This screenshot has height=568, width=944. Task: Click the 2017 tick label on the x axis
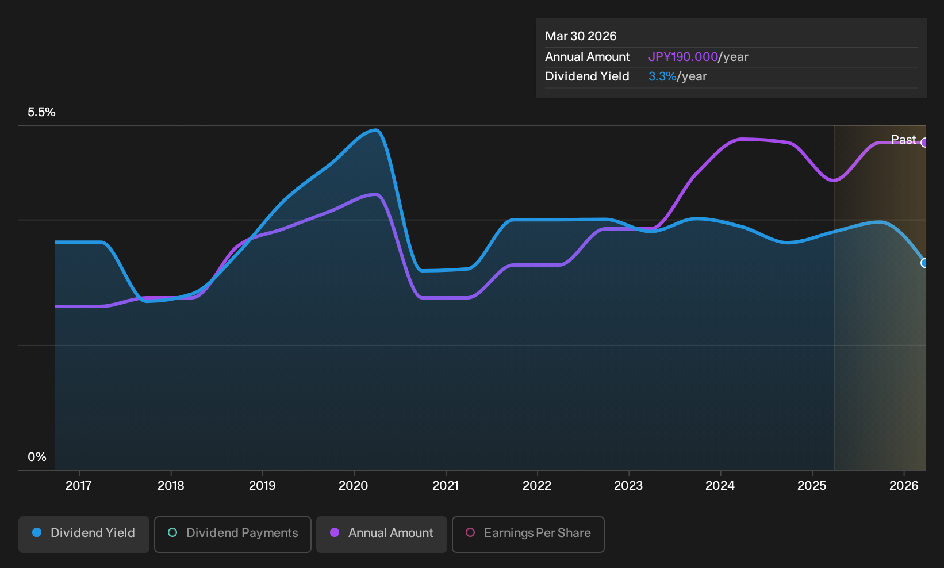coord(79,486)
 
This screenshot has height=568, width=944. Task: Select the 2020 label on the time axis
coord(354,486)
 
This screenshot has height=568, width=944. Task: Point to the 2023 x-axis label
coord(628,486)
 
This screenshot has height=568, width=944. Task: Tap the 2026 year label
coord(904,486)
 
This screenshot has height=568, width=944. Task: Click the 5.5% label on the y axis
coord(41,112)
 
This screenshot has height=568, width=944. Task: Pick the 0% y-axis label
coord(37,457)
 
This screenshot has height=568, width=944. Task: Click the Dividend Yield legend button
coord(84,534)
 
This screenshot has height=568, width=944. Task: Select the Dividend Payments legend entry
coord(233,534)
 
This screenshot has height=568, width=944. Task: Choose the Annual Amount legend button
coord(381,534)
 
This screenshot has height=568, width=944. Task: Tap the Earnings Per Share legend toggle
coord(528,534)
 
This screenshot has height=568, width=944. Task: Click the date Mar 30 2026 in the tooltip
coord(581,36)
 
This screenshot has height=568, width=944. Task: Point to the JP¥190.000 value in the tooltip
coord(683,57)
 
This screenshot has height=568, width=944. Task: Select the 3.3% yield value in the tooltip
coord(662,76)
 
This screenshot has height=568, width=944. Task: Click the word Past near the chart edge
coord(903,140)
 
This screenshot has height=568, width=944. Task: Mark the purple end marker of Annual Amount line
coord(924,143)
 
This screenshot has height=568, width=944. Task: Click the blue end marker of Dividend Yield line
coord(924,263)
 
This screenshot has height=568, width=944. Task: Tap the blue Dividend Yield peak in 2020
coord(375,130)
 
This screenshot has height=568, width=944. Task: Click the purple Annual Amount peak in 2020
coord(375,194)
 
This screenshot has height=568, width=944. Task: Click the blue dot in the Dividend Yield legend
coord(37,532)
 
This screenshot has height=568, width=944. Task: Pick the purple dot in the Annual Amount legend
coord(335,532)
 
